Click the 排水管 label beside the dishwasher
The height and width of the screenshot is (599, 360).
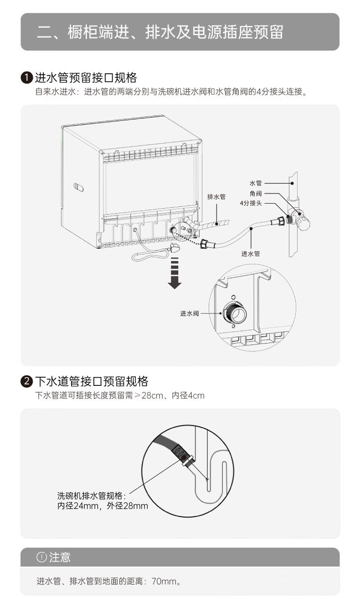216,197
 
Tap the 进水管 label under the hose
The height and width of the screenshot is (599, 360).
251,254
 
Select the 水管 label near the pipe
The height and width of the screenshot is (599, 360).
256,183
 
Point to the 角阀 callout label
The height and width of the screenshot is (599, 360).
256,194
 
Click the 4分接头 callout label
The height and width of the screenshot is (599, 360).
251,203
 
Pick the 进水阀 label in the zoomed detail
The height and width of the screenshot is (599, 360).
190,313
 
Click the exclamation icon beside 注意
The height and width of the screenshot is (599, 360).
41,557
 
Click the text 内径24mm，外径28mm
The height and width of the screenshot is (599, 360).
103,506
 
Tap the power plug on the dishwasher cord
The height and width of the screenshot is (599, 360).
174,248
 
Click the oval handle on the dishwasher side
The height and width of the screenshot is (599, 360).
78,187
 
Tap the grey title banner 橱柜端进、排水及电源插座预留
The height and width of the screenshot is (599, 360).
180,32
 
